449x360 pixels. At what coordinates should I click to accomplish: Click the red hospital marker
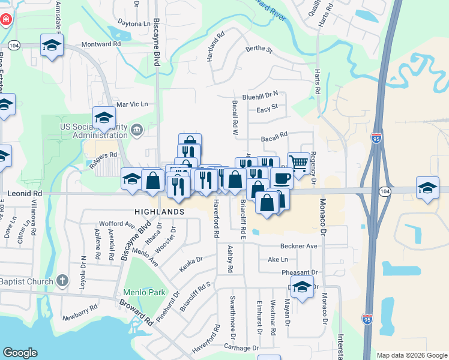[6, 19]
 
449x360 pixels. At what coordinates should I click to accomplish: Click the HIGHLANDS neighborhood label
[159, 212]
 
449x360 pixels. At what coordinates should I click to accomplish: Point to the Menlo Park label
[144, 293]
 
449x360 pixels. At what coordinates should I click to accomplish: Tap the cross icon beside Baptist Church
[62, 281]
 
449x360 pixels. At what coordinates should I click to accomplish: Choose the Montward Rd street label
[101, 44]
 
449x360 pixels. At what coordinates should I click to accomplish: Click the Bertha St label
[259, 50]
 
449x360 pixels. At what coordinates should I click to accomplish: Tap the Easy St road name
[267, 108]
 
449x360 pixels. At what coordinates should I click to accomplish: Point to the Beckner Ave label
[298, 247]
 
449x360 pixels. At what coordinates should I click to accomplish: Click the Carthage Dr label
[241, 348]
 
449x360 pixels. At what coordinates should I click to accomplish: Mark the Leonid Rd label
[25, 194]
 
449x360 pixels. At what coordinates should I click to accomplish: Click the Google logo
[20, 353]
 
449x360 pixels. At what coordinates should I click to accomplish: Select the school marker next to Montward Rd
[52, 45]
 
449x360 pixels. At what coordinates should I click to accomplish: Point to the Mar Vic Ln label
[131, 104]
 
